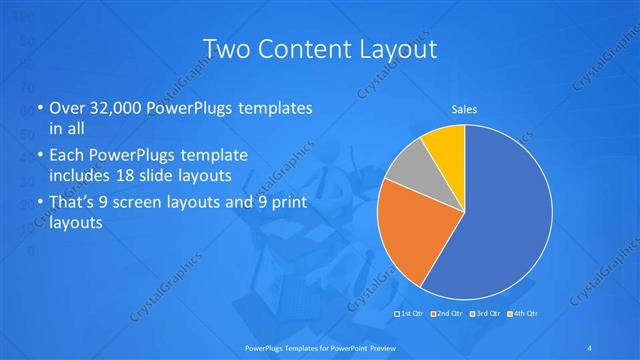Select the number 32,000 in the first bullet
pyautogui.click(x=113, y=108)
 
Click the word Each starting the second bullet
pyautogui.click(x=66, y=156)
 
